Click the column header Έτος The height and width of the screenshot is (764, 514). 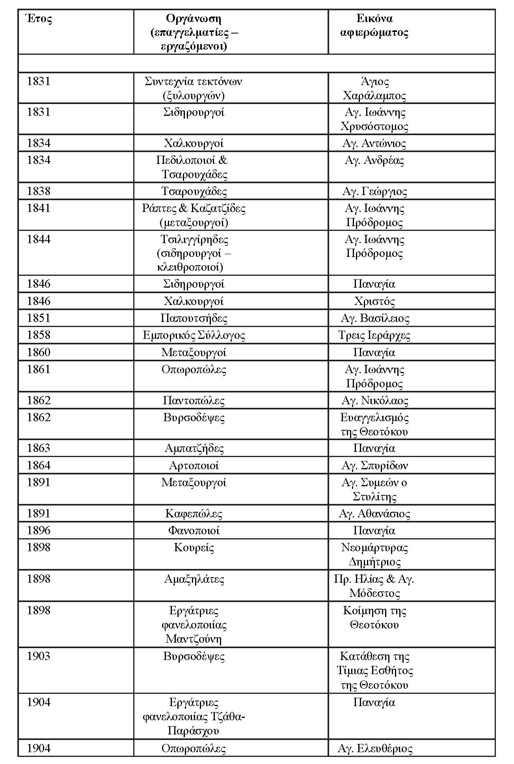point(39,19)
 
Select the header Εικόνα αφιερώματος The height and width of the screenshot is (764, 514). point(374,26)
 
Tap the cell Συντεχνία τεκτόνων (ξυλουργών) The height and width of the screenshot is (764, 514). point(194,88)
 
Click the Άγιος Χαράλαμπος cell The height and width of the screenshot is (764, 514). point(374,88)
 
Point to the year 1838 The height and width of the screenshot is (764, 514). point(39,191)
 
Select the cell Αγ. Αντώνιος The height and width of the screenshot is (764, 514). point(374,143)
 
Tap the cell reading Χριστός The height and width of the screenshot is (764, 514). point(374,301)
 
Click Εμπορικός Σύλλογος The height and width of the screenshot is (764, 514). point(194,335)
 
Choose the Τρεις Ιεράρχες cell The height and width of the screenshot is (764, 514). point(374,335)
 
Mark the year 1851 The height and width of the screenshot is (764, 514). point(39,318)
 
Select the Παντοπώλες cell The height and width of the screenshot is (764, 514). point(194,401)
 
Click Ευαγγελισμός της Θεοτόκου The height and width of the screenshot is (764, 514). point(374,424)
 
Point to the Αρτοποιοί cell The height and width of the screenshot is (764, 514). point(194,466)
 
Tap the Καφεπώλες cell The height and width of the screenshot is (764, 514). point(194,514)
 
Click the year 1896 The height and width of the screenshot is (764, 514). point(39,531)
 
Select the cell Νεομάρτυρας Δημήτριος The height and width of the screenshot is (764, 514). point(374,554)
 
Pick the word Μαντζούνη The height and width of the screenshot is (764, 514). point(194,639)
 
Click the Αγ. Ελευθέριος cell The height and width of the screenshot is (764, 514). point(375,749)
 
